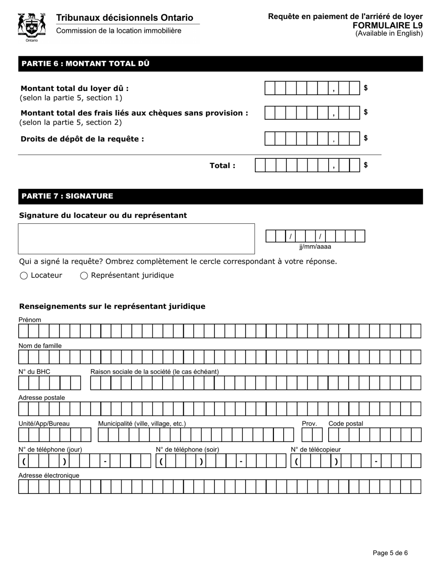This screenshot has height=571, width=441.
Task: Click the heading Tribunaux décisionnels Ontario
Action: pyautogui.click(x=124, y=18)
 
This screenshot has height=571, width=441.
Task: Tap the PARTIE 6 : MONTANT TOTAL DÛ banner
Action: pyautogui.click(x=220, y=64)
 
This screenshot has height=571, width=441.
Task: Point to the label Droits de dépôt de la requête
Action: pyautogui.click(x=82, y=139)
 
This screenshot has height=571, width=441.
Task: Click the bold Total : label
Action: pyautogui.click(x=222, y=165)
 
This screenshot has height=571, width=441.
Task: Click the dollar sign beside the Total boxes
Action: pyautogui.click(x=366, y=165)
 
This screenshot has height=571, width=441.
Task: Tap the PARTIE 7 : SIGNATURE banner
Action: pyautogui.click(x=220, y=196)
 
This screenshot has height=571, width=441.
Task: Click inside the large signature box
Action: pyautogui.click(x=136, y=239)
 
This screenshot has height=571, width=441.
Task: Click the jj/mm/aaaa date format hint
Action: pyautogui.click(x=315, y=247)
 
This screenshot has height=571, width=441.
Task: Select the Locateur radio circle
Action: pyautogui.click(x=24, y=276)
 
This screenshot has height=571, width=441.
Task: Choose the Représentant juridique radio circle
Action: pyautogui.click(x=84, y=276)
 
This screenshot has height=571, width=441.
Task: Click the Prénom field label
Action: pyautogui.click(x=30, y=320)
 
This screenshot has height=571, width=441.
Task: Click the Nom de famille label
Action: pyautogui.click(x=40, y=346)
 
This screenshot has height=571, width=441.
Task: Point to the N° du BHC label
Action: pyautogui.click(x=34, y=372)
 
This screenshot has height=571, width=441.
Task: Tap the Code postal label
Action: pyautogui.click(x=346, y=423)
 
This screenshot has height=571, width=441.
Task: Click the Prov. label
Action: pyautogui.click(x=309, y=423)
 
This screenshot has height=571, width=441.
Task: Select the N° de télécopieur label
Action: pyautogui.click(x=316, y=449)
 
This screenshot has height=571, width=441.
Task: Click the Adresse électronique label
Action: pyautogui.click(x=49, y=475)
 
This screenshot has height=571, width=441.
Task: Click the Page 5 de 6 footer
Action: pyautogui.click(x=390, y=553)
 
